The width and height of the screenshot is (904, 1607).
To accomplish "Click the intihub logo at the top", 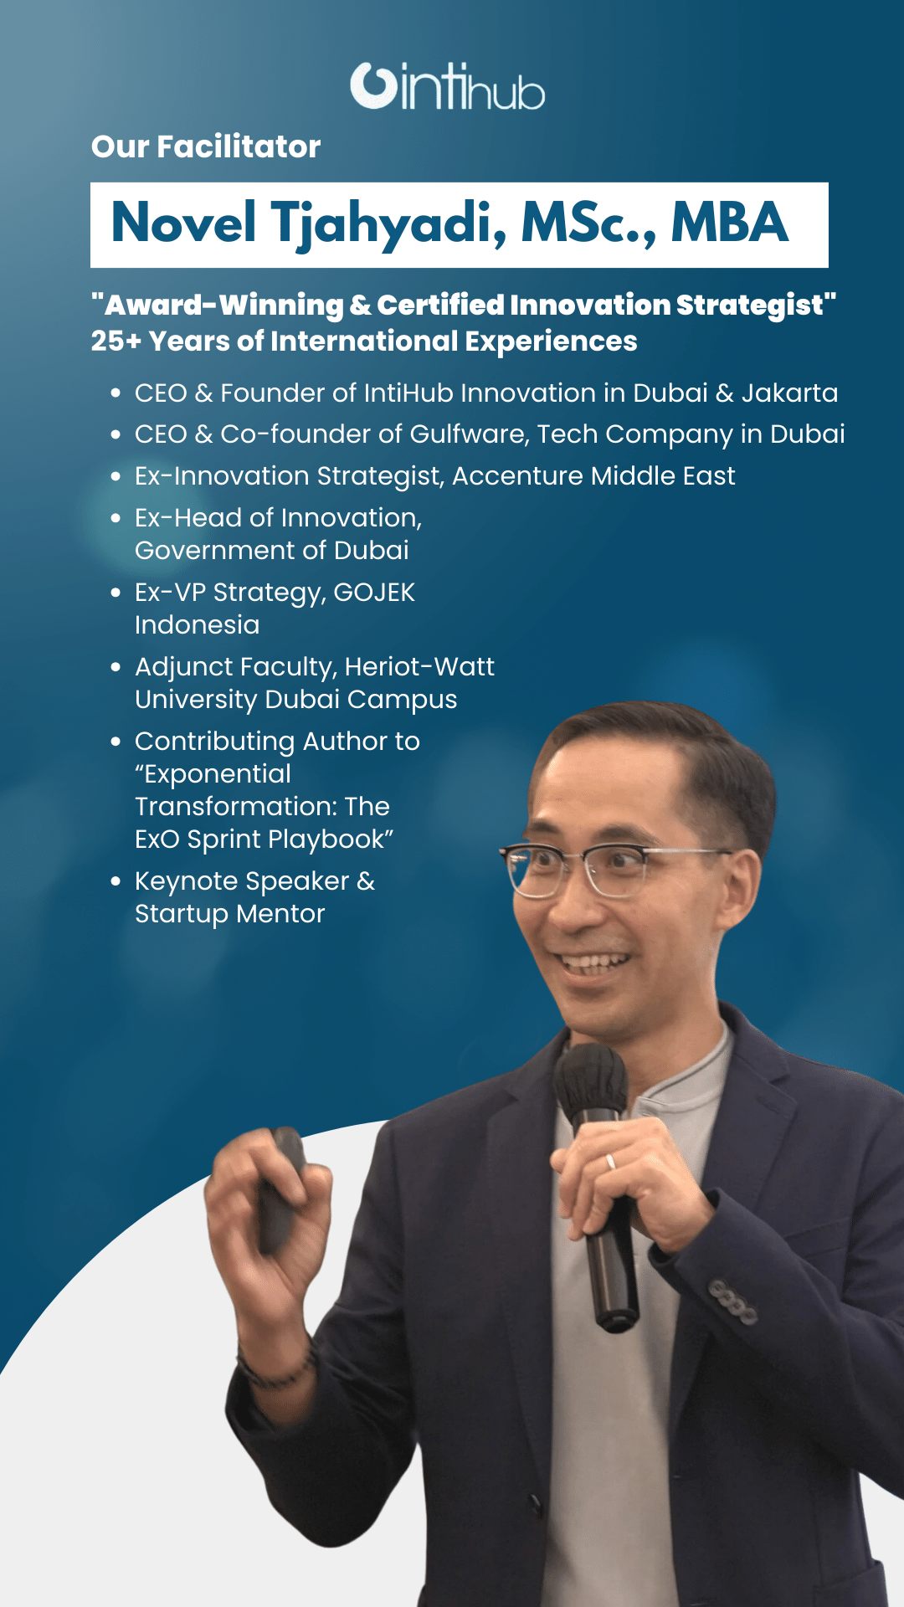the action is click(448, 85).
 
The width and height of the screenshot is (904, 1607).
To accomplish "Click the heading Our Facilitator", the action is click(206, 146).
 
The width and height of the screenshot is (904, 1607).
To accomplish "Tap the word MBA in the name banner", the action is click(729, 223).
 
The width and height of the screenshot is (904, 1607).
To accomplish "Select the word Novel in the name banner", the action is click(183, 223).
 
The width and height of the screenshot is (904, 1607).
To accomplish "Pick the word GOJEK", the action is click(374, 592).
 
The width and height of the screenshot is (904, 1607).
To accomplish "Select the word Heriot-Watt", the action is click(419, 666).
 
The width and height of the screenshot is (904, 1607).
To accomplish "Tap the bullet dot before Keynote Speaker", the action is click(116, 881).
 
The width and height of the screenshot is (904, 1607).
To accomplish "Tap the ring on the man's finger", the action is click(610, 1162).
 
